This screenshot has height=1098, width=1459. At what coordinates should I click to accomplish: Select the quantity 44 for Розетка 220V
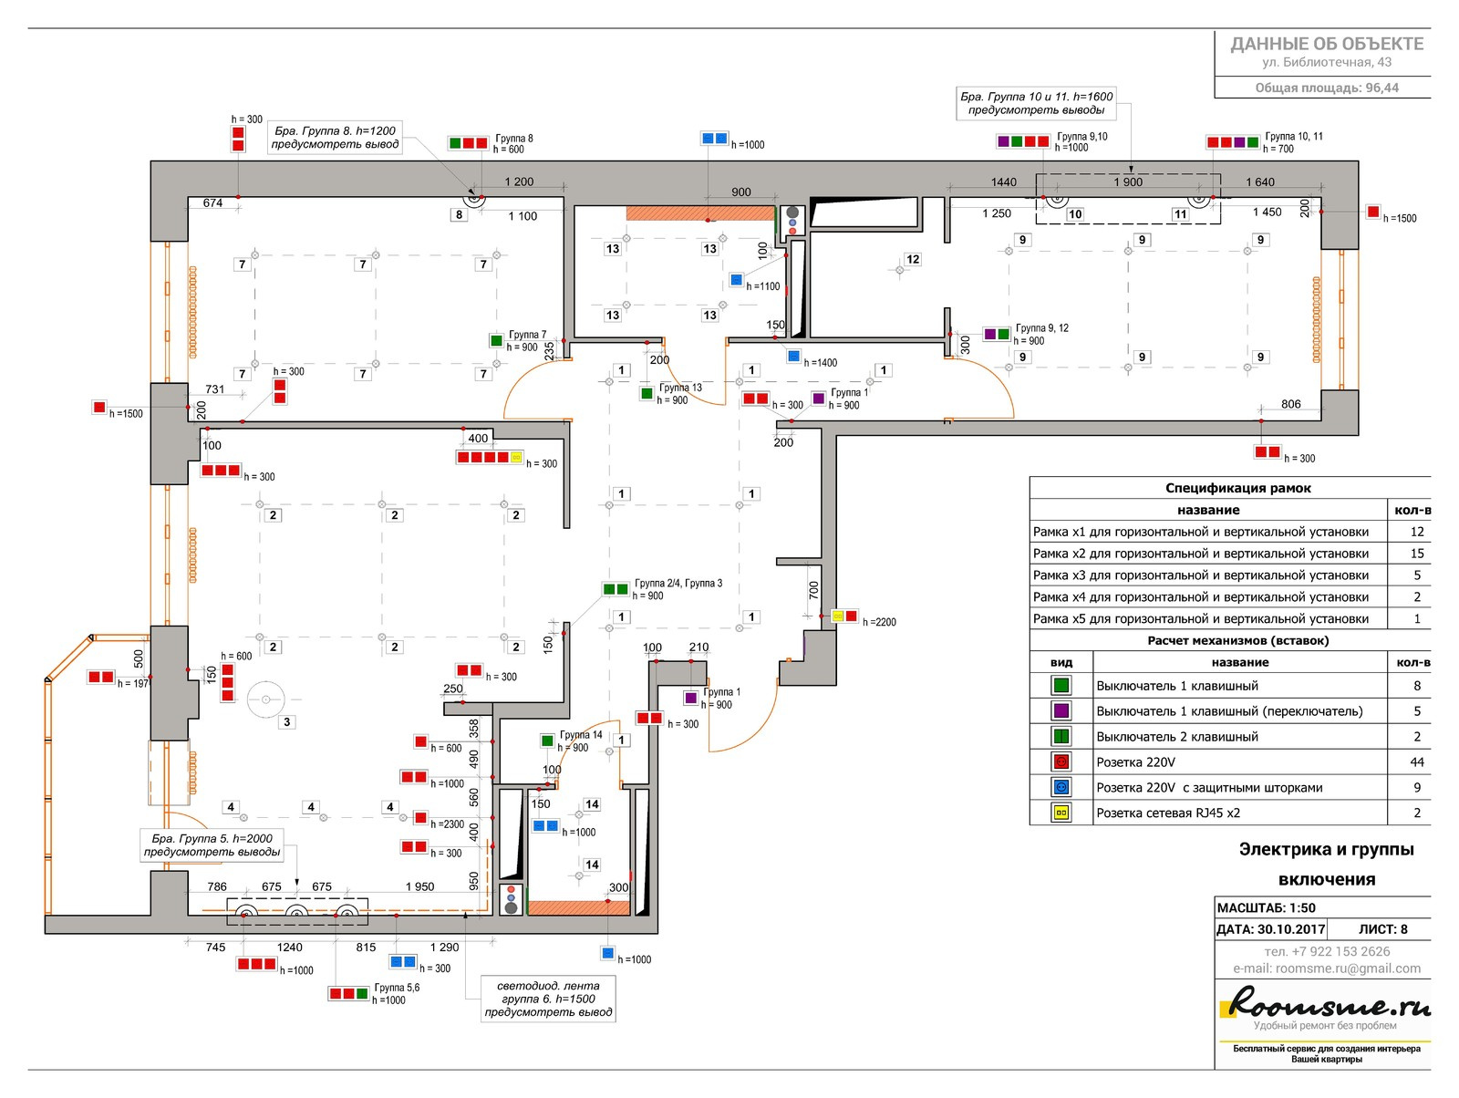pyautogui.click(x=1416, y=762)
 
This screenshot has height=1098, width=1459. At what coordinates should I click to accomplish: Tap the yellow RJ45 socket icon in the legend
pyautogui.click(x=1061, y=813)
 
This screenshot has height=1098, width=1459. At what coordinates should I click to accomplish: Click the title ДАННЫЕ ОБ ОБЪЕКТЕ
pyautogui.click(x=1327, y=44)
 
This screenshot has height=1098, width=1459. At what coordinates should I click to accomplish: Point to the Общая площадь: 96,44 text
pyautogui.click(x=1326, y=88)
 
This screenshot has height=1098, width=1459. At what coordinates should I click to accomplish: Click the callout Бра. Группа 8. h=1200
pyautogui.click(x=336, y=138)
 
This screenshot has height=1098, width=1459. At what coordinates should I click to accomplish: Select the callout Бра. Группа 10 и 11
pyautogui.click(x=1037, y=103)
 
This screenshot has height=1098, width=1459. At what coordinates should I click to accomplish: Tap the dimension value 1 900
pyautogui.click(x=1127, y=181)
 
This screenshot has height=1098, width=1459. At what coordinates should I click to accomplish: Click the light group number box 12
pyautogui.click(x=913, y=259)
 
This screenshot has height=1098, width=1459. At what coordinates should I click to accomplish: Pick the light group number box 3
pyautogui.click(x=287, y=721)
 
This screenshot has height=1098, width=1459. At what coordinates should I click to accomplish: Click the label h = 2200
pyautogui.click(x=879, y=622)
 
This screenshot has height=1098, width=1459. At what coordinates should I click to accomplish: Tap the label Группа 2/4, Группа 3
pyautogui.click(x=678, y=584)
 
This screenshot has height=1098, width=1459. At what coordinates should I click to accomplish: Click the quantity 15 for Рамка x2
pyautogui.click(x=1416, y=554)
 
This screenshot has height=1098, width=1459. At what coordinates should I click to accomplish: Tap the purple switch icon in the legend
pyautogui.click(x=1061, y=710)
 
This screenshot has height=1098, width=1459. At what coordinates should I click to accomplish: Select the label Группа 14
pyautogui.click(x=581, y=735)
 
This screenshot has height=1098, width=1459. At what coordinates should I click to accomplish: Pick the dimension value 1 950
pyautogui.click(x=419, y=886)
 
